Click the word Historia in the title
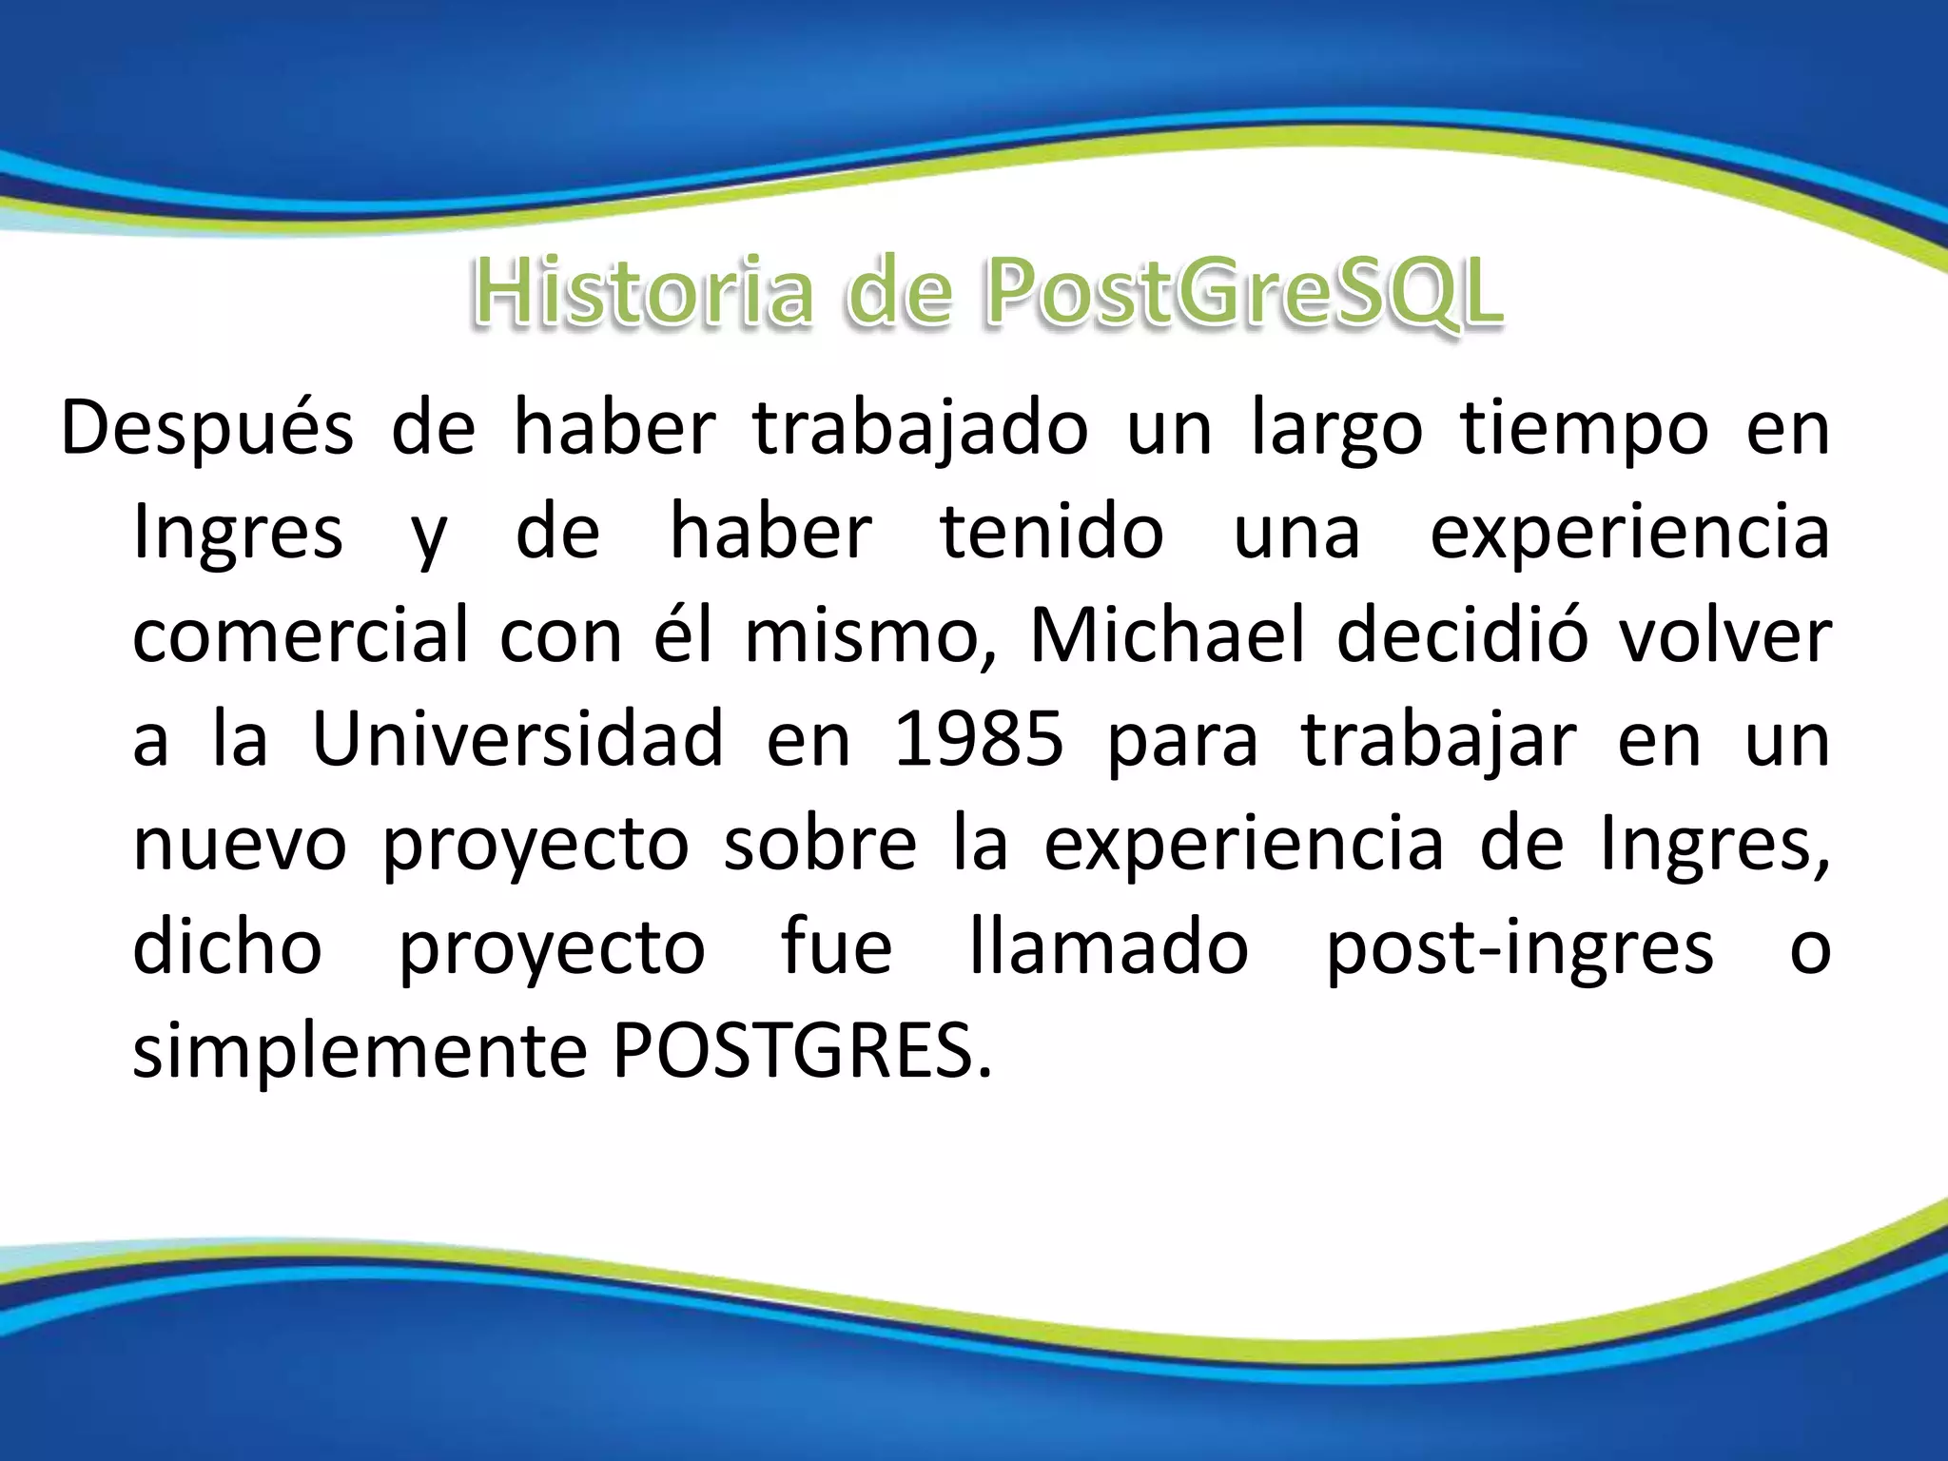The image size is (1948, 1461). point(643,292)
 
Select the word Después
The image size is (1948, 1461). point(206,429)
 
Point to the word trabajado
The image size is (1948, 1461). point(920,429)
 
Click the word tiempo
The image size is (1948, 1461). point(1584,429)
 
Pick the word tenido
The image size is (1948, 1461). point(1051,533)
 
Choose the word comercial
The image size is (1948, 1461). point(301,636)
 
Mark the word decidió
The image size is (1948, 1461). point(1462,636)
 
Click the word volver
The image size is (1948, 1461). point(1725,636)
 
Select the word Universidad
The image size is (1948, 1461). point(517,740)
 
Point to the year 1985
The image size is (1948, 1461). point(978,740)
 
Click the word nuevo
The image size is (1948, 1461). point(240,844)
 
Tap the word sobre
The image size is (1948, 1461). point(820,844)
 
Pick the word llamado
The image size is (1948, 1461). point(1108,947)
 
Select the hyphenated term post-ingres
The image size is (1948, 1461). point(1519,947)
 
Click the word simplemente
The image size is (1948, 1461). point(360,1051)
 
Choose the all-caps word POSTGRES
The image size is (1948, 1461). point(802,1051)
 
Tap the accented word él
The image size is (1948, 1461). point(682,636)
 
